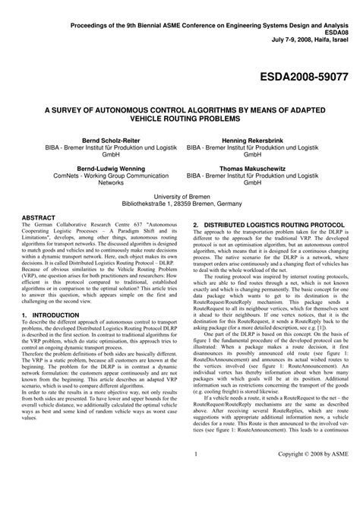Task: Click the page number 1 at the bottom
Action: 195,496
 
